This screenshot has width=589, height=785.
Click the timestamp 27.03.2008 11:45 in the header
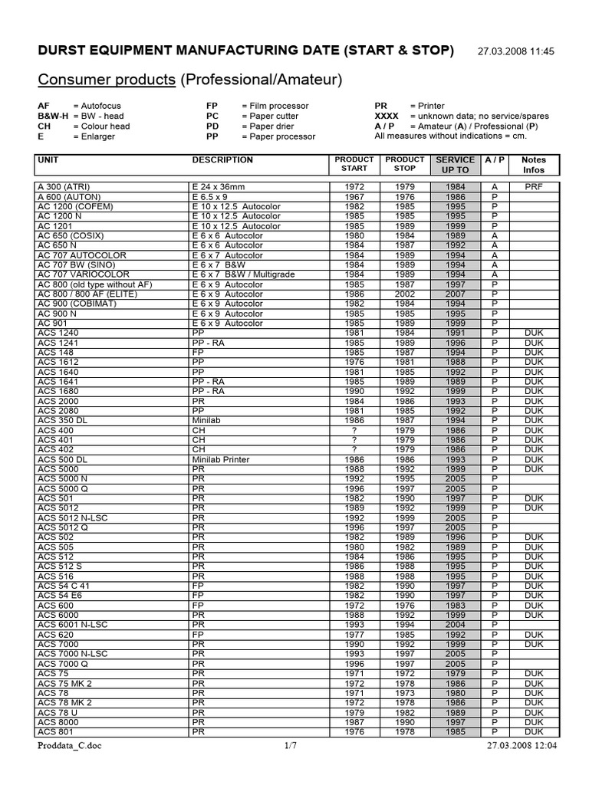(526, 51)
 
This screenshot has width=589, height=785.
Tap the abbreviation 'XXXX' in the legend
(387, 116)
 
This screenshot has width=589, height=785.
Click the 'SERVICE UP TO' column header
(455, 165)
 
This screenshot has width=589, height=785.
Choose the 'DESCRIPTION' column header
(222, 160)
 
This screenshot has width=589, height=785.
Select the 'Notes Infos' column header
(533, 165)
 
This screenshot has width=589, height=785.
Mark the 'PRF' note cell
(533, 186)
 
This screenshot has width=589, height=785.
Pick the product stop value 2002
(405, 294)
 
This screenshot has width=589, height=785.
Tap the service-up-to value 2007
(455, 294)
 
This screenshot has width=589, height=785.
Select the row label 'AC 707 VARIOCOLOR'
(84, 274)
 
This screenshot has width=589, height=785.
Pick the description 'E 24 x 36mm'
(218, 186)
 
